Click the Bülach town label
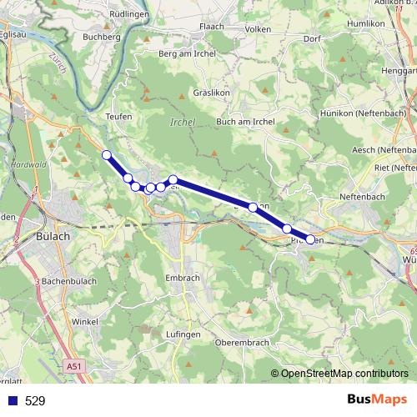point(55,236)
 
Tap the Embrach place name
point(182,277)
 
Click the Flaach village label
point(211,26)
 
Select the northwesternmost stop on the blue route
point(107,154)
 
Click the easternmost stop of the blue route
point(310,239)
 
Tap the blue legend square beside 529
point(12,400)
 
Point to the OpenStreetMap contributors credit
point(344,374)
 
